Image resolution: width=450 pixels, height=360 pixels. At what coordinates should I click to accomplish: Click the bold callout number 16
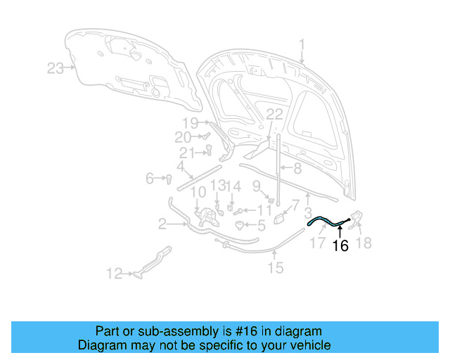[x=340, y=246]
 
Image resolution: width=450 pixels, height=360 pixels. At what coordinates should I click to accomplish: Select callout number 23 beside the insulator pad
[x=56, y=68]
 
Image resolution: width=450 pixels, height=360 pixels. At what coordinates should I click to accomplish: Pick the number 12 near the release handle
[x=115, y=274]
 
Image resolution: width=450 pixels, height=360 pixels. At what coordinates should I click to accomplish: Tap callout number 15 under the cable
[x=275, y=267]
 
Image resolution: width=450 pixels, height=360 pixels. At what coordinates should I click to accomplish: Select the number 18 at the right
[x=364, y=243]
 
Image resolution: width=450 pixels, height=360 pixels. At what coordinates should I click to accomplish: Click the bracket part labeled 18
[x=354, y=219]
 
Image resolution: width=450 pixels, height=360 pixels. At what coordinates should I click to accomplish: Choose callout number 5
[x=261, y=226]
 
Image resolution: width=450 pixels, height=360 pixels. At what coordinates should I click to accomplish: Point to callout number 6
[x=150, y=179]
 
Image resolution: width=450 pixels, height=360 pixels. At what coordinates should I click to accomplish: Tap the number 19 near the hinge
[x=191, y=122]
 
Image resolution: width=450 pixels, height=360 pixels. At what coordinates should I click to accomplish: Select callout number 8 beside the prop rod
[x=297, y=169]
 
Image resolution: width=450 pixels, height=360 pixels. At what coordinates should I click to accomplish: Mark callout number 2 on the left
[x=162, y=225]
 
